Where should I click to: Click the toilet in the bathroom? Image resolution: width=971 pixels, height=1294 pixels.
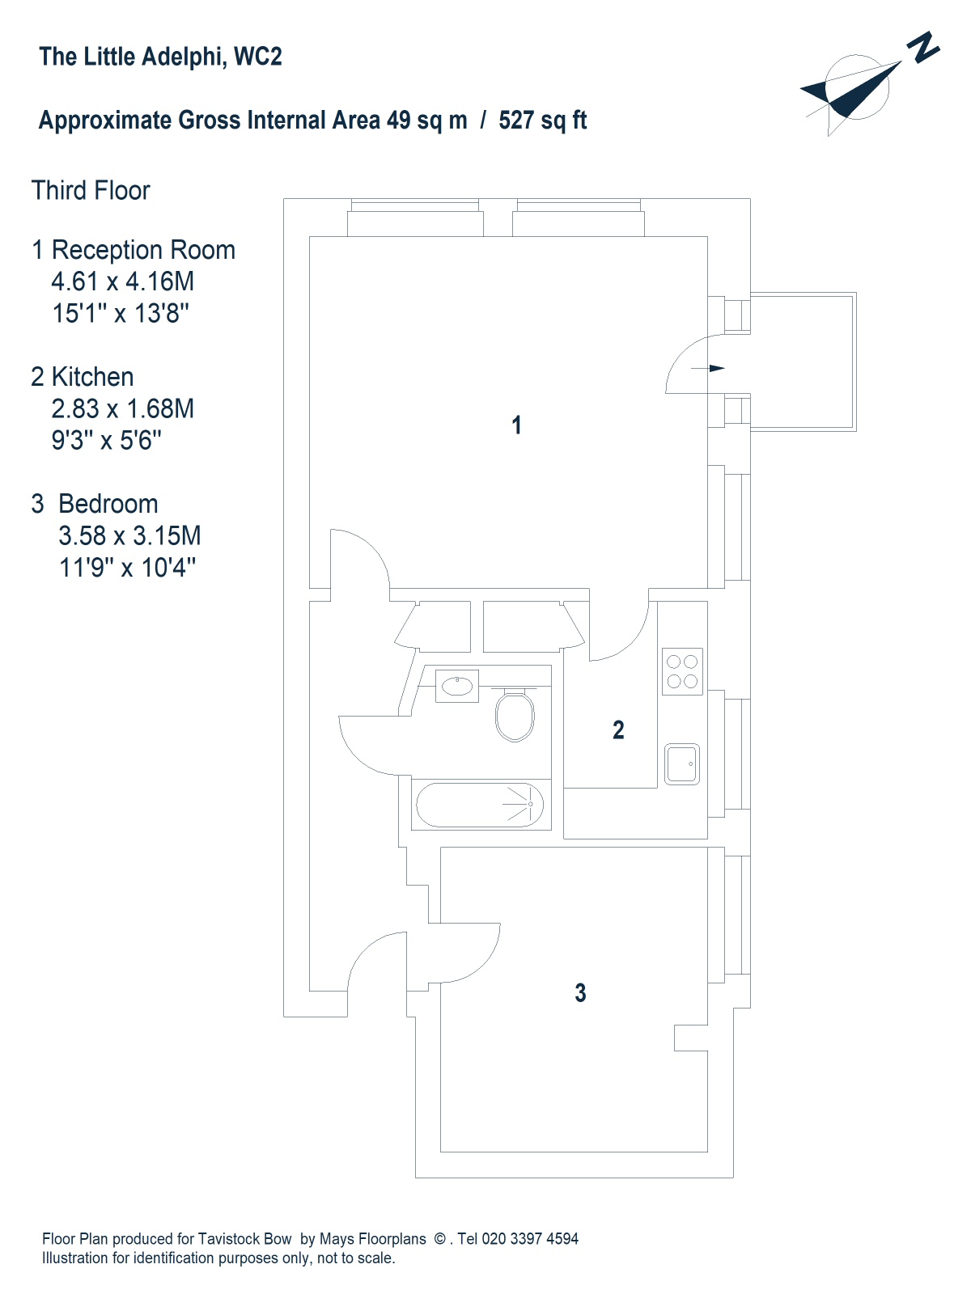(x=515, y=716)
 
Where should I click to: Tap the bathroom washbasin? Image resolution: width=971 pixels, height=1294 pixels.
(x=457, y=687)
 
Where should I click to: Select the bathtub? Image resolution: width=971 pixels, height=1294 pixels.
(x=480, y=805)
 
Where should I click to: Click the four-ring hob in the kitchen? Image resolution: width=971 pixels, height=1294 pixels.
(x=682, y=671)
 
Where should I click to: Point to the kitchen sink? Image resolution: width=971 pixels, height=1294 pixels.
(x=682, y=764)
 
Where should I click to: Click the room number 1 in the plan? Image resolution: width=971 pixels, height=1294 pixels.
(x=517, y=425)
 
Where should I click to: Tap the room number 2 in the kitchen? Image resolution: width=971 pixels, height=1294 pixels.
(x=618, y=730)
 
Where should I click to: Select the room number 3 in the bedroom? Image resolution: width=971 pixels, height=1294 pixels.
(x=580, y=993)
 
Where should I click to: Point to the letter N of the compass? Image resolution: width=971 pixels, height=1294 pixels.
(x=922, y=48)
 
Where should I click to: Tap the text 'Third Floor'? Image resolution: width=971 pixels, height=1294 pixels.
(x=91, y=191)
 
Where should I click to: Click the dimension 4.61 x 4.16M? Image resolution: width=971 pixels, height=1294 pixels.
(x=123, y=281)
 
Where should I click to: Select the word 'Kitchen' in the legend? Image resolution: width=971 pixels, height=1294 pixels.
(x=92, y=377)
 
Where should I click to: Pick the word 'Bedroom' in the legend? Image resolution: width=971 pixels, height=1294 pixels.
(x=108, y=504)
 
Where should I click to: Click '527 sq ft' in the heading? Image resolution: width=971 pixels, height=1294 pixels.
(x=542, y=121)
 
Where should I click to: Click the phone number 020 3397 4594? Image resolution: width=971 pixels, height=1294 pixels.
(x=530, y=1239)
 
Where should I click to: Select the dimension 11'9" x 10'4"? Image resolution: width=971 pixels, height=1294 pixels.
(x=127, y=568)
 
